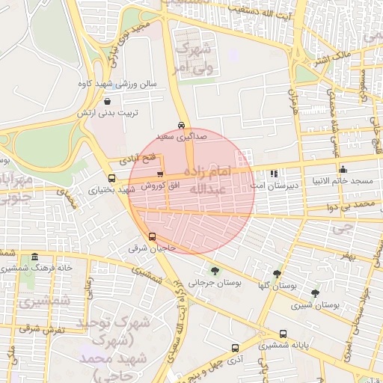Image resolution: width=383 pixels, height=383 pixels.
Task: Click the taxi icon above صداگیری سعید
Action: tap(181, 125)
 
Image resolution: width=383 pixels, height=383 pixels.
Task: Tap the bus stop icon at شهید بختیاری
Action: tap(111, 179)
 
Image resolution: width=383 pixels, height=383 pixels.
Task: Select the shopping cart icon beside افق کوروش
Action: tap(160, 174)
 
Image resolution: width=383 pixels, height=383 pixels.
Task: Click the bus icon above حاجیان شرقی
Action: tap(153, 236)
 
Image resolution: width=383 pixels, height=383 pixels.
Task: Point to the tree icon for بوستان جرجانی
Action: tap(215, 271)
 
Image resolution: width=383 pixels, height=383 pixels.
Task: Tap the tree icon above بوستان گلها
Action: tap(278, 275)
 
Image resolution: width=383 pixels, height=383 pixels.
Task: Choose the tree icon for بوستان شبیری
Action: tap(314, 293)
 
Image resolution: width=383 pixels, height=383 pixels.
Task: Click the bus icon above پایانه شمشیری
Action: tap(283, 334)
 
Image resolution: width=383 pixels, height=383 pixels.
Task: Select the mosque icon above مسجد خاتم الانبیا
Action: tap(343, 169)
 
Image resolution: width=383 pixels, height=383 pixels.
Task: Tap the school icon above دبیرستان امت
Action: tap(274, 172)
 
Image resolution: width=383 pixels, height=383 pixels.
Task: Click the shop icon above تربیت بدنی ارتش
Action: tap(108, 101)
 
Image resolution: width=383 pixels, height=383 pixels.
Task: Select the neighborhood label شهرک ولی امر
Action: tap(194, 58)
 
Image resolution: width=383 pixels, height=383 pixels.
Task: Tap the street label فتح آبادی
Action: tap(139, 159)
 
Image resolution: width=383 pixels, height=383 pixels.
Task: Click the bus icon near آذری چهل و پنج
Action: tap(235, 348)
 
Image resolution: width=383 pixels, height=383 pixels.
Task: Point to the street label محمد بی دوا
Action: tap(354, 203)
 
